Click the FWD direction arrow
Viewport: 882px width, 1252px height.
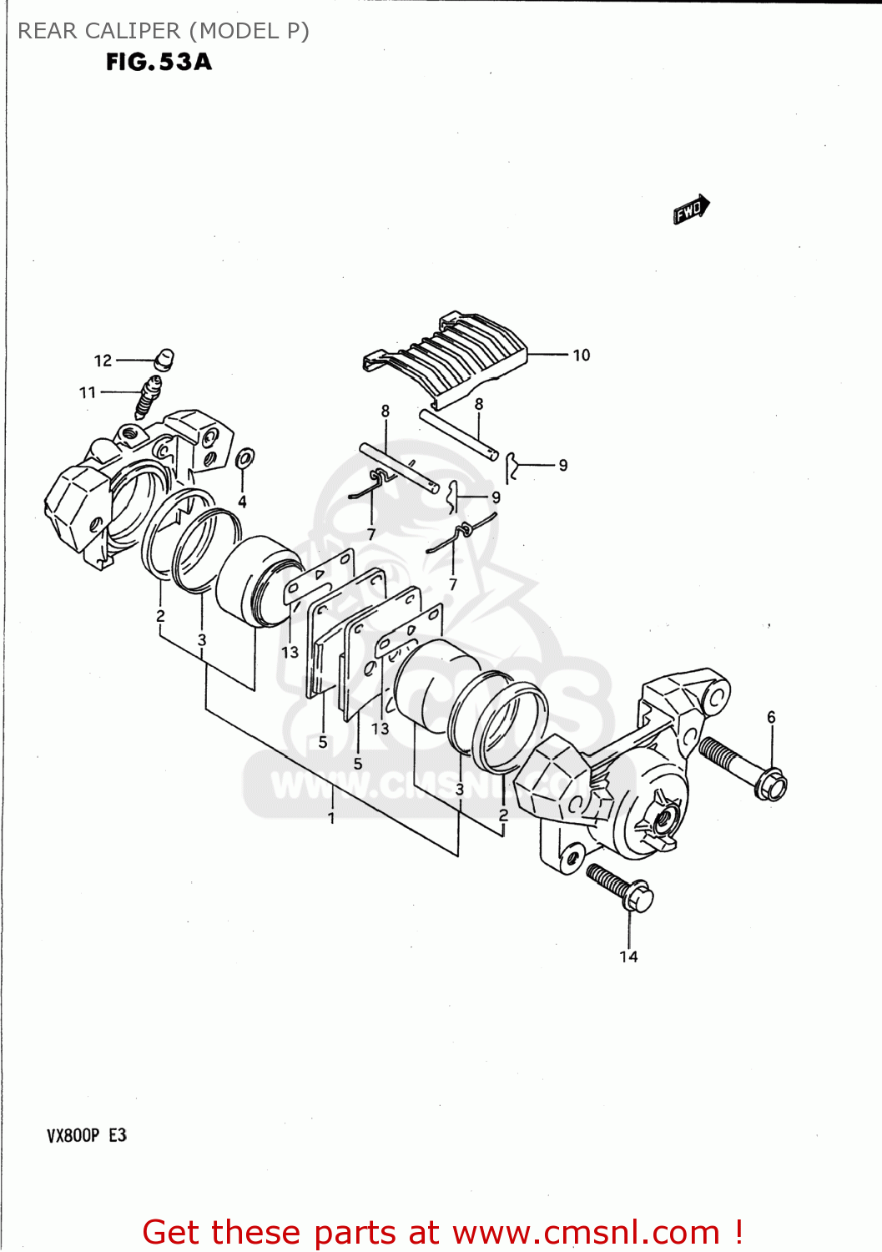tap(691, 210)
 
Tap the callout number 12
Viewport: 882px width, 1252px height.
tap(103, 361)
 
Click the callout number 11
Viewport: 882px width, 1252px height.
tap(88, 392)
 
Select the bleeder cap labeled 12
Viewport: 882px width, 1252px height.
tap(164, 359)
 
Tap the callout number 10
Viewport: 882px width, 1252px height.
tap(581, 356)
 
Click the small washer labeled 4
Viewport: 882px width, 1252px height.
tap(245, 458)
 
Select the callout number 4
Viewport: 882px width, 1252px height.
tap(242, 502)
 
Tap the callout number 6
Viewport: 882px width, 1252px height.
tap(771, 717)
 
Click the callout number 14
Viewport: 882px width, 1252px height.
tap(628, 957)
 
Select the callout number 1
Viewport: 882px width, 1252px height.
tap(331, 818)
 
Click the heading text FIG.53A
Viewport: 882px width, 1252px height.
tap(159, 62)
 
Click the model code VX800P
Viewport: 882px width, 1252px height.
tap(73, 1135)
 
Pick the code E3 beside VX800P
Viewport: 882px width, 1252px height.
tap(118, 1135)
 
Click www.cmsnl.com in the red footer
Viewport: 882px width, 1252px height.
tap(586, 1232)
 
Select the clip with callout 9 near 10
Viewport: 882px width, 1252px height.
tap(513, 467)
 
